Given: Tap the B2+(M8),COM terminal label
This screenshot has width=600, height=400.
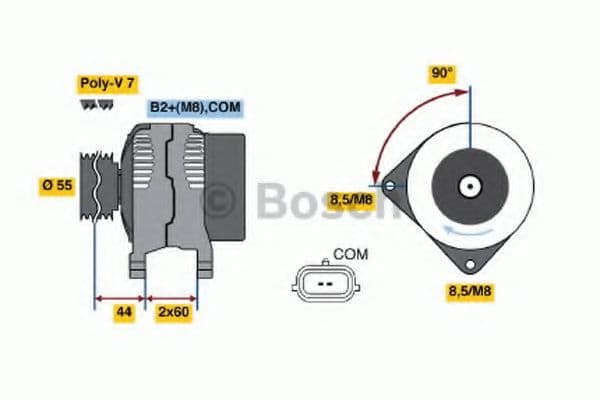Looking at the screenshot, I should pyautogui.click(x=195, y=108).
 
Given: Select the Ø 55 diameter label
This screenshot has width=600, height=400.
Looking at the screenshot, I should pyautogui.click(x=57, y=185).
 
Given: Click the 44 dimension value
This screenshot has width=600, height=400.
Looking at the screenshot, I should pyautogui.click(x=124, y=313).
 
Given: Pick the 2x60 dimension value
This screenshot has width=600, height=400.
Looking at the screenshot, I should pyautogui.click(x=172, y=313).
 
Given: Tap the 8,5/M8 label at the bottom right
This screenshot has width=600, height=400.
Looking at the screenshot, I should pyautogui.click(x=469, y=291).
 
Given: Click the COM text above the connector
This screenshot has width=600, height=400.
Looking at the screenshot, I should pyautogui.click(x=350, y=254).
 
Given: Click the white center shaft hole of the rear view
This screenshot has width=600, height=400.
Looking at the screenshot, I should pyautogui.click(x=468, y=185).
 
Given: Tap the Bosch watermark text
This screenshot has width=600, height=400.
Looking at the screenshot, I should pyautogui.click(x=300, y=203).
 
